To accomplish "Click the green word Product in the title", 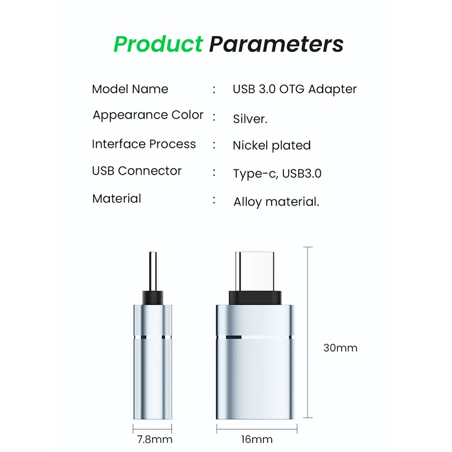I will coord(158,44).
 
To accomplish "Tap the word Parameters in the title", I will coord(276,44).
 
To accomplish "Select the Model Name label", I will coord(130,89).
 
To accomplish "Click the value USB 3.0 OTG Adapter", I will coord(294,89).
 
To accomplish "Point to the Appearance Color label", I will coord(148,115).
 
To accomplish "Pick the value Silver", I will coord(250,119).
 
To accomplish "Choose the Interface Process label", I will coord(144,145).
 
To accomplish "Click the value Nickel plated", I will coord(272,146).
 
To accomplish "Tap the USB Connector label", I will coord(137,171).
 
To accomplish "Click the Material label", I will coord(116,199).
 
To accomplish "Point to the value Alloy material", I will coord(276,202).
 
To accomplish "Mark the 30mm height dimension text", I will coord(340,348).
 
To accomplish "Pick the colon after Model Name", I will coord(214,89).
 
